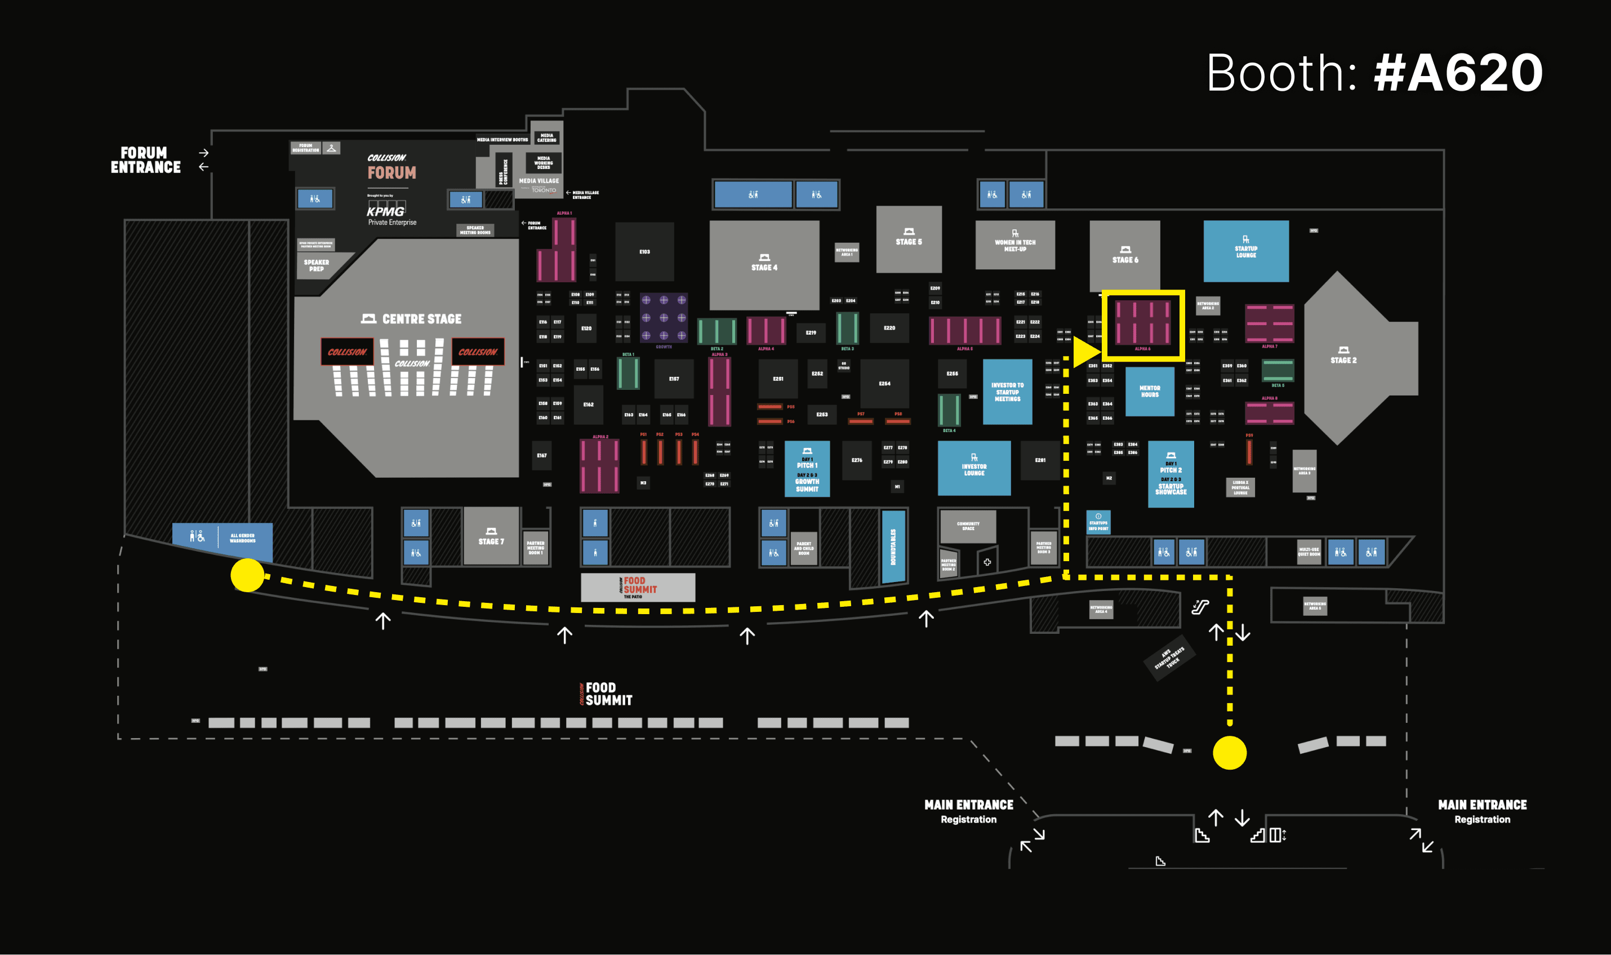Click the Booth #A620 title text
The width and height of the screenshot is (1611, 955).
[x=1374, y=73]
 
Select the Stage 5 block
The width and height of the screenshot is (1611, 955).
[x=909, y=239]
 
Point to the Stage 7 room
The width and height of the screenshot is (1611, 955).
[x=491, y=536]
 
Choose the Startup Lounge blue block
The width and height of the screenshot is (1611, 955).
[x=1245, y=250]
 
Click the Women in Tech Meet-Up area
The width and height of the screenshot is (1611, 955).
[x=1014, y=245]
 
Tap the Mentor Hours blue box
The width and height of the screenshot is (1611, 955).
[x=1149, y=391]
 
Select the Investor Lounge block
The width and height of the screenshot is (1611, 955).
[x=973, y=468]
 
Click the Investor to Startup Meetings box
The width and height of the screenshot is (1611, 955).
[x=1007, y=391]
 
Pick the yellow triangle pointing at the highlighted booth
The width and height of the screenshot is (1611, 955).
[x=1085, y=352]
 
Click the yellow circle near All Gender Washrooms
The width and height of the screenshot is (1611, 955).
[x=248, y=575]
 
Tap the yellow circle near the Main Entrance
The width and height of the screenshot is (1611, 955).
[x=1230, y=752]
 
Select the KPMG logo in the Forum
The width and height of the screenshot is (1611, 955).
[x=386, y=211]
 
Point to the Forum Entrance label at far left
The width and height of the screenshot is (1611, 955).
[x=145, y=160]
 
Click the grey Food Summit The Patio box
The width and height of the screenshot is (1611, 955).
[x=638, y=587]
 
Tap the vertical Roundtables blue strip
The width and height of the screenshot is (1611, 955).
[x=893, y=547]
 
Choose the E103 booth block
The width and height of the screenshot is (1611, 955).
[x=644, y=252]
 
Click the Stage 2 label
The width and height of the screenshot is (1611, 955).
[x=1343, y=359]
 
